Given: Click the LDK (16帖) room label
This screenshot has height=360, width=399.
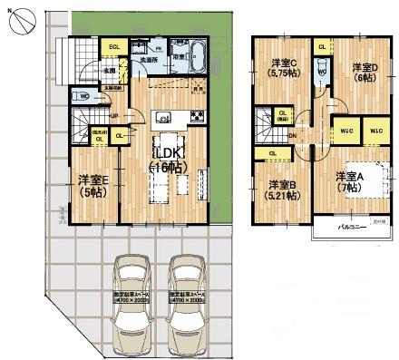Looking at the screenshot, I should coord(170,159).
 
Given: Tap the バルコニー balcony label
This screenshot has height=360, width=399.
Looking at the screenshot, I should coord(351,227).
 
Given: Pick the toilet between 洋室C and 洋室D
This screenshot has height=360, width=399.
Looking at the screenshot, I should coord(323,70).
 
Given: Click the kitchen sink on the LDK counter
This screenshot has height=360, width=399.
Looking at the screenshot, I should coord(164,115).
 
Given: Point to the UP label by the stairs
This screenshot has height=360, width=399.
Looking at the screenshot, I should coord(112,116).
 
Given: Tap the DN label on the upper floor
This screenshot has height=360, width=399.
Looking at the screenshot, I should coord(291,137).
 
